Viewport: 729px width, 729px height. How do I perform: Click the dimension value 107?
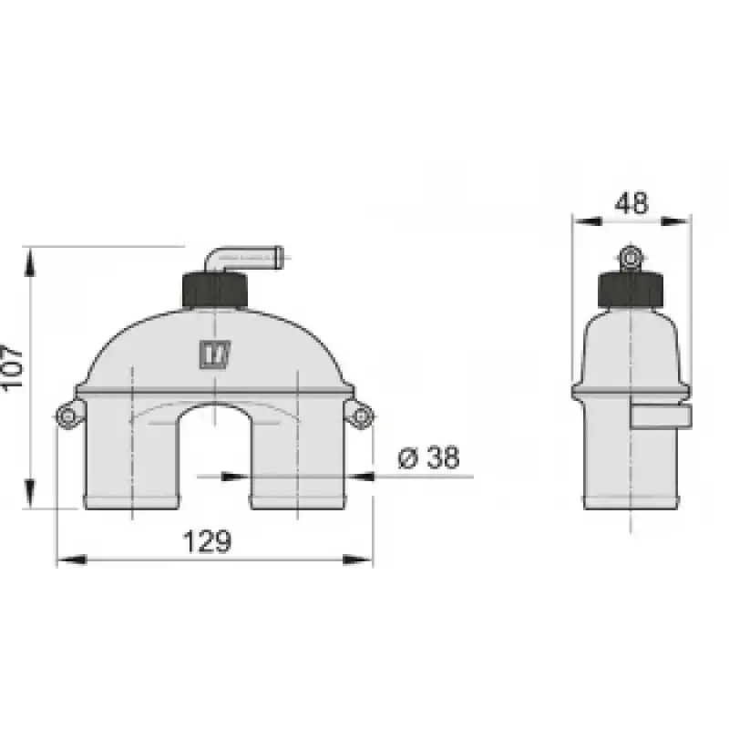[11, 368]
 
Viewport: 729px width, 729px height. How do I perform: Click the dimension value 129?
[207, 541]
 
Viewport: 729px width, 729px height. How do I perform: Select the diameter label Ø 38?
[428, 457]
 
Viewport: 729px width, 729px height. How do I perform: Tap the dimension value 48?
[631, 203]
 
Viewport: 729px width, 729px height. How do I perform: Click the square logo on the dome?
[215, 354]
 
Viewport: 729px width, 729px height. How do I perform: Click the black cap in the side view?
[631, 290]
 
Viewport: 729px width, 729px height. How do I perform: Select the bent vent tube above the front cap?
[241, 257]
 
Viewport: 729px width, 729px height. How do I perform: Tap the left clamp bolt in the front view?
[68, 416]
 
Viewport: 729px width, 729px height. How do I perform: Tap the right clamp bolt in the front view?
[360, 416]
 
